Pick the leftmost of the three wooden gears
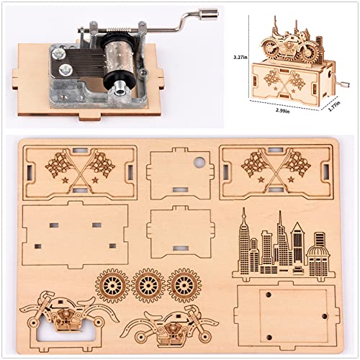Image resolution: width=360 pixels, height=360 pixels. point(114,285)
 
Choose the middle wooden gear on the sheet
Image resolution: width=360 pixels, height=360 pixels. point(148,285)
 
